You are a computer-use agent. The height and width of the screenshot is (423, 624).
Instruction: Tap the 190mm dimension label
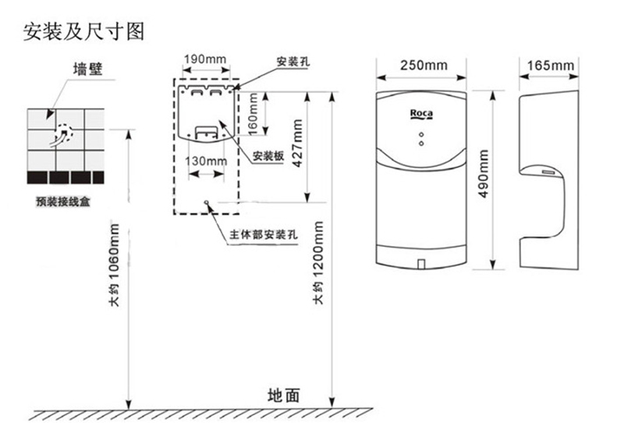coord(204,59)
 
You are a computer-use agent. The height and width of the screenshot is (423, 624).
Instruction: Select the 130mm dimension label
coord(205,161)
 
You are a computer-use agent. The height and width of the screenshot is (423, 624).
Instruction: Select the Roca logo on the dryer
coord(423,115)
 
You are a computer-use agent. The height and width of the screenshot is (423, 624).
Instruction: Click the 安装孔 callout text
coord(290,61)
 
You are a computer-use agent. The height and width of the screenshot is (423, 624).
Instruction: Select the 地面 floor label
coord(283,395)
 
